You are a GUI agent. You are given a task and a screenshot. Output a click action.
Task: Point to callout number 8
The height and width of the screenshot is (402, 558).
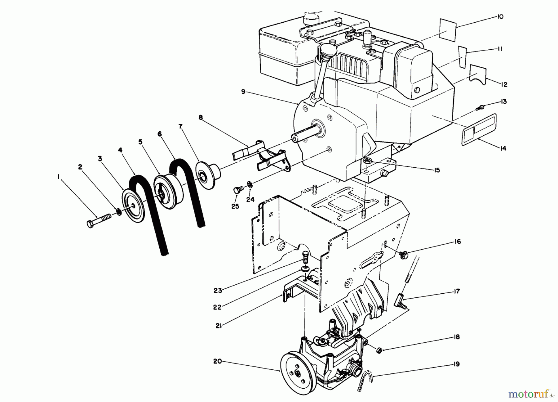tap(201, 117)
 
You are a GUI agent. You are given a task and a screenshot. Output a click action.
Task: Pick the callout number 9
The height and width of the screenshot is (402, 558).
tap(243, 92)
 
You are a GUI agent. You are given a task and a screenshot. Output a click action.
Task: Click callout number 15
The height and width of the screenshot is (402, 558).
tap(437, 170)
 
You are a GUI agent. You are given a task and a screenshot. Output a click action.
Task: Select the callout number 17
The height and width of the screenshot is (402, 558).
tap(457, 291)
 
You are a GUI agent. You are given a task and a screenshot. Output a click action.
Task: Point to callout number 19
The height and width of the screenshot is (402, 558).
tap(456, 364)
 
